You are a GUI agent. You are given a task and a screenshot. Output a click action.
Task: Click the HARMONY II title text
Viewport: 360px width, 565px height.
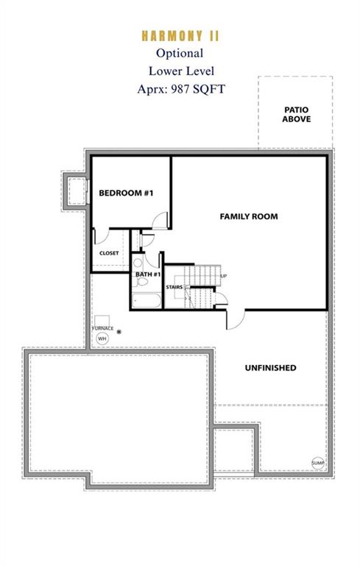pyautogui.click(x=180, y=36)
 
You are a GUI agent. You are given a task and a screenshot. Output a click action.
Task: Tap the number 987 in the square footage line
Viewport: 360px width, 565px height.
pyautogui.click(x=180, y=88)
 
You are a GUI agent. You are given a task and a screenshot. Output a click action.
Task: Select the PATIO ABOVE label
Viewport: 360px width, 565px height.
pyautogui.click(x=296, y=115)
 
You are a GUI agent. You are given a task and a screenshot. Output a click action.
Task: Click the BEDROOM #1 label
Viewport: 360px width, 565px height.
pyautogui.click(x=126, y=193)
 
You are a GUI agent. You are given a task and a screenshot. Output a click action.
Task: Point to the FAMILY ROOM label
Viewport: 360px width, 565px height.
pyautogui.click(x=249, y=216)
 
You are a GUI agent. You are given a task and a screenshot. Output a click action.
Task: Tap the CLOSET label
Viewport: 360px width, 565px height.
pyautogui.click(x=109, y=253)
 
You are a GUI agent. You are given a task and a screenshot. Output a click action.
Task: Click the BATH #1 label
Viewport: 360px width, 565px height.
pyautogui.click(x=148, y=274)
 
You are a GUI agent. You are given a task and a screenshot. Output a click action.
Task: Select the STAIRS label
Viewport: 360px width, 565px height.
pyautogui.click(x=174, y=287)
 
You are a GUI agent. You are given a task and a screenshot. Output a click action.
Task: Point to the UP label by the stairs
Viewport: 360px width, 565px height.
pyautogui.click(x=224, y=276)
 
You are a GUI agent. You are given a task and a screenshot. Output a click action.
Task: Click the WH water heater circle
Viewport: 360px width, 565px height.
pyautogui.click(x=102, y=338)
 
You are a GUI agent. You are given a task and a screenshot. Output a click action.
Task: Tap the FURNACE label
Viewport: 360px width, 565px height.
pyautogui.click(x=103, y=328)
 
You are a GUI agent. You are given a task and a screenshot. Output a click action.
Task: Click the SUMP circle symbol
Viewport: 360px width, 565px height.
pyautogui.click(x=318, y=463)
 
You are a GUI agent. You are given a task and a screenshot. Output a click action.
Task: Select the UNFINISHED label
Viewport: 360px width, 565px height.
pyautogui.click(x=270, y=368)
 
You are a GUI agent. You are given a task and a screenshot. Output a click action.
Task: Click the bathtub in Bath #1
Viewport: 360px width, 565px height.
pyautogui.click(x=147, y=301)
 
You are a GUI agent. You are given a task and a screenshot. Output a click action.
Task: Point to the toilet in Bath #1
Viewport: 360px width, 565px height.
pyautogui.click(x=142, y=281)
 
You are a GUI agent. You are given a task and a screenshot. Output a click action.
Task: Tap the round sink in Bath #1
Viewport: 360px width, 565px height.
pyautogui.click(x=138, y=263)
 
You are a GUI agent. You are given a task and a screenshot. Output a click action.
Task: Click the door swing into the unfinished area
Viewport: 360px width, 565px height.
pyautogui.click(x=236, y=319)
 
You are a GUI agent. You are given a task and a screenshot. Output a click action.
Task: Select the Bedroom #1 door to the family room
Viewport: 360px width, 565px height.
pyautogui.click(x=160, y=221)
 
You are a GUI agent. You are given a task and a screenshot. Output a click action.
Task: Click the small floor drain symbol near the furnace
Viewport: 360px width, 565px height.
pyautogui.click(x=119, y=332)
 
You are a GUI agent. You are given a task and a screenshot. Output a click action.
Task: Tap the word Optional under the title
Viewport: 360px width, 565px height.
pyautogui.click(x=180, y=53)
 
